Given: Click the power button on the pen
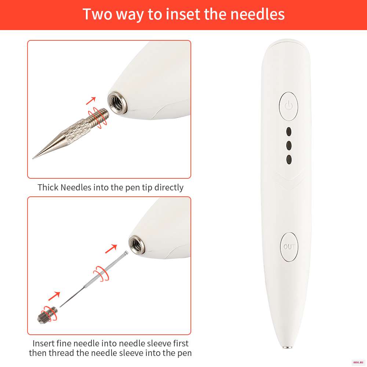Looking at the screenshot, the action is click(x=288, y=106).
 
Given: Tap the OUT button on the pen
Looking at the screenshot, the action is click(x=289, y=247).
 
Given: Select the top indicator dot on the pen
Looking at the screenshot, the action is click(x=289, y=131).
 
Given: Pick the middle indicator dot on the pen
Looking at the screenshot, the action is click(x=289, y=145).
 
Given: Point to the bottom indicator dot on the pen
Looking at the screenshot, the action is click(x=289, y=159).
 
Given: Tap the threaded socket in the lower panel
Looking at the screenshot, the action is click(x=137, y=245).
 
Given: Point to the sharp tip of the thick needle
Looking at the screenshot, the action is click(x=33, y=158).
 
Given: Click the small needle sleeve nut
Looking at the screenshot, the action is click(x=47, y=315).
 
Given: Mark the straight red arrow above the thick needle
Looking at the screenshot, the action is click(x=91, y=101).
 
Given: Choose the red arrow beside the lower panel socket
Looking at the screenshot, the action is click(x=111, y=249).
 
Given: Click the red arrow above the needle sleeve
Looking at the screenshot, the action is click(x=54, y=296).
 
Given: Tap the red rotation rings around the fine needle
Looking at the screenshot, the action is click(x=101, y=273).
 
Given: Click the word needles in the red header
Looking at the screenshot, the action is click(x=258, y=14).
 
